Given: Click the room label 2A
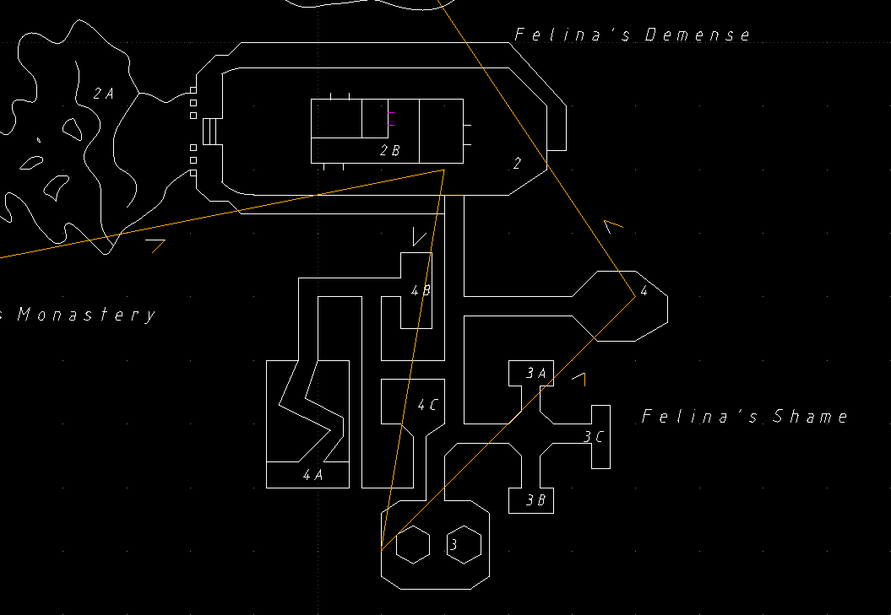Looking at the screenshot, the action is pos(103,94).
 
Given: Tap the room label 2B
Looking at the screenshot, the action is pos(389,151).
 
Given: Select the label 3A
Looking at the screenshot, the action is pos(536,373).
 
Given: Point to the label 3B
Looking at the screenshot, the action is pos(536,500).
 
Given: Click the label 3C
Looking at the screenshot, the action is pos(594,437).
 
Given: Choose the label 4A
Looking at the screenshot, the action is pos(312,475).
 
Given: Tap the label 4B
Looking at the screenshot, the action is pos(421,290).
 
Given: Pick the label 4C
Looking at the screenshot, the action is pos(428,405).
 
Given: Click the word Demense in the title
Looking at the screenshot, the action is pos(697,35).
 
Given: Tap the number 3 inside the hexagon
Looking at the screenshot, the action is pos(454,544).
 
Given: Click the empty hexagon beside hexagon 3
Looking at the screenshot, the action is pos(414,544).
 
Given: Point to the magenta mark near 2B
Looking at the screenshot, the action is pos(391,126).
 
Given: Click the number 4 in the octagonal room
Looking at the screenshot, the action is pos(644,291).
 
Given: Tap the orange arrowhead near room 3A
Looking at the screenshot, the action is pos(580,378).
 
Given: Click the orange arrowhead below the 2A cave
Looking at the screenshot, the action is pos(155,244).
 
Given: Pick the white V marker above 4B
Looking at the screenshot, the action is pos(419,236).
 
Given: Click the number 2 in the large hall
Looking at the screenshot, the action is pos(518,164).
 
